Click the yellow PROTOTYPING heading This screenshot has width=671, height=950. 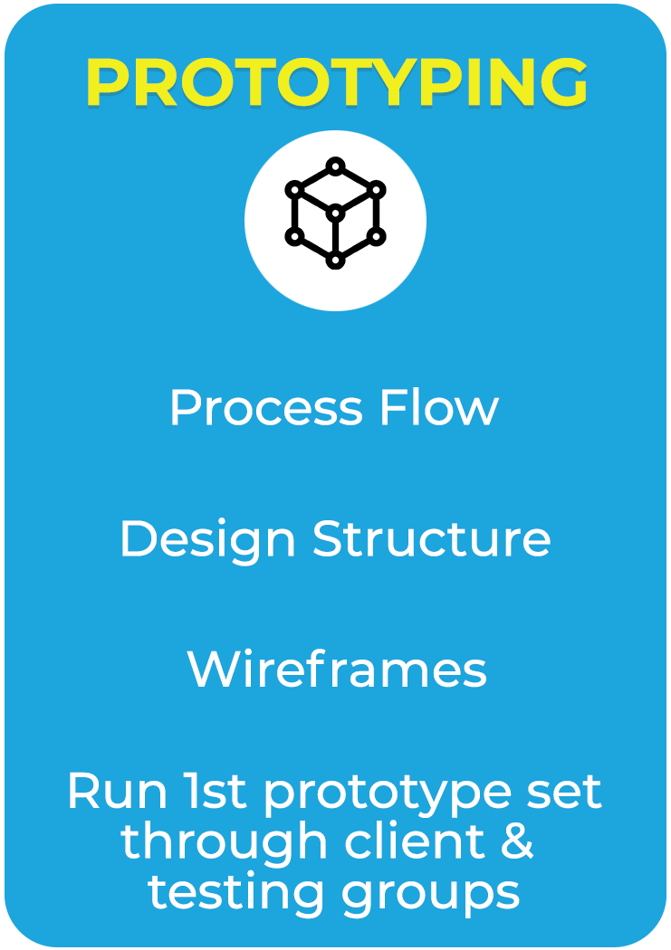337,82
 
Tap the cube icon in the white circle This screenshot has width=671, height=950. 335,214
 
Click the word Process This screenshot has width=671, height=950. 266,407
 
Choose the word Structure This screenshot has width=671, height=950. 432,538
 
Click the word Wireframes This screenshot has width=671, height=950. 337,669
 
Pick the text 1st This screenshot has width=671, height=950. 216,791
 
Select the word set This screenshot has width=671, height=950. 564,792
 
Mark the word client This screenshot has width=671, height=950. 416,841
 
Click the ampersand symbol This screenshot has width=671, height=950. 518,841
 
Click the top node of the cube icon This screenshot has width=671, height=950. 335,166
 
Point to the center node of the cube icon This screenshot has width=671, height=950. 335,214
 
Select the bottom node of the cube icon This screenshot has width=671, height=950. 335,261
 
